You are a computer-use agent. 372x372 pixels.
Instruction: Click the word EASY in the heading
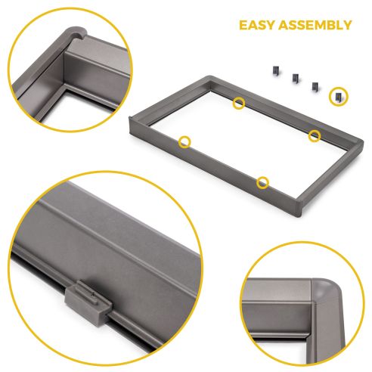pyautogui.click(x=259, y=25)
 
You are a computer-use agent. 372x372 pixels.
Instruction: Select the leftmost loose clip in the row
pyautogui.click(x=270, y=70)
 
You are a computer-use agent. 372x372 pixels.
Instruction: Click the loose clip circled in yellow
pyautogui.click(x=337, y=95)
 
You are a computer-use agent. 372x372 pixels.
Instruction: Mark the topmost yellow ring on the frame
pyautogui.click(x=239, y=102)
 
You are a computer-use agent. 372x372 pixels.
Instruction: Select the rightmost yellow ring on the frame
pyautogui.click(x=315, y=135)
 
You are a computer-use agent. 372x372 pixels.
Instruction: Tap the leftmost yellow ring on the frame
pyautogui.click(x=184, y=141)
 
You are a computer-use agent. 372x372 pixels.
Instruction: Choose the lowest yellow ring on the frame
pyautogui.click(x=262, y=181)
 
